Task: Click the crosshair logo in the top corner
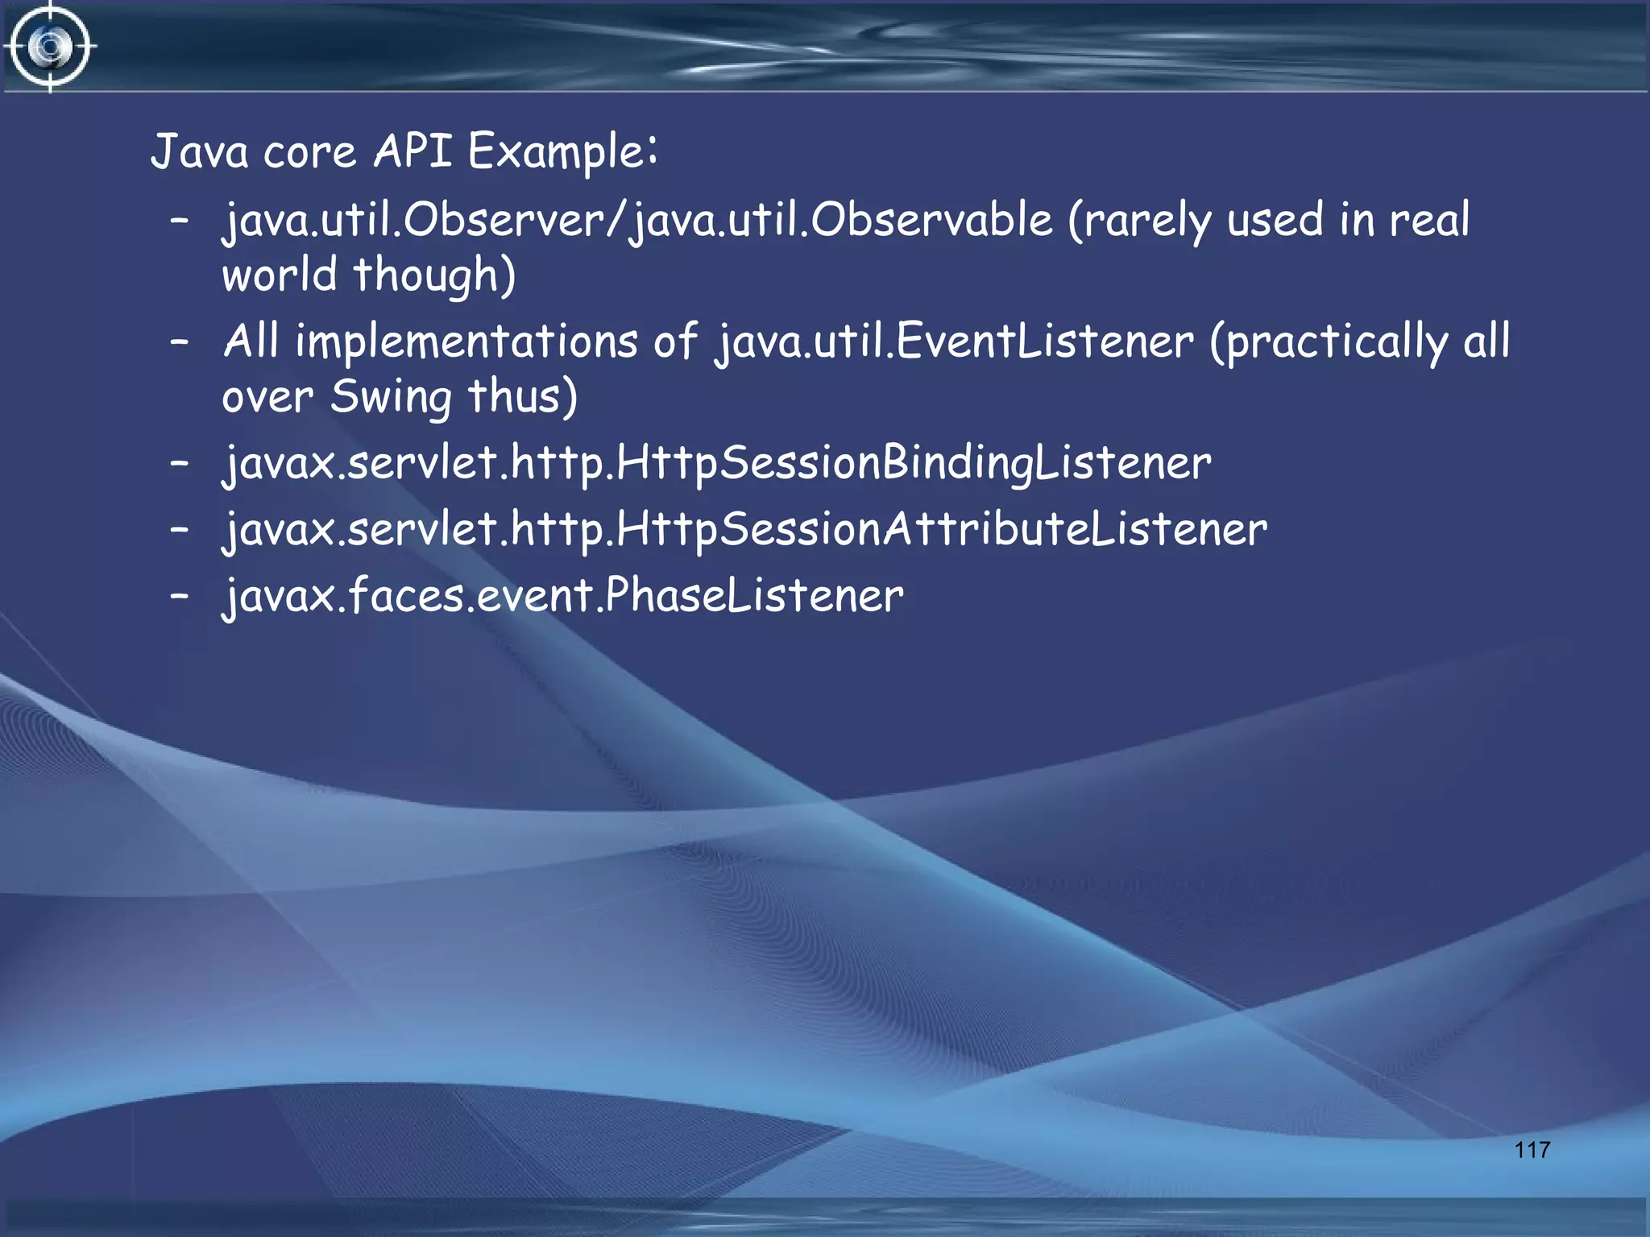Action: click(50, 47)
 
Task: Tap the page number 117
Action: click(1532, 1149)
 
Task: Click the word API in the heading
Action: click(412, 151)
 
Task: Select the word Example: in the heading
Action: click(562, 152)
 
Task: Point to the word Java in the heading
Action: click(199, 151)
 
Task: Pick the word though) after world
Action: click(434, 275)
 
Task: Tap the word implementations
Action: click(466, 342)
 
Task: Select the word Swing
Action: click(392, 398)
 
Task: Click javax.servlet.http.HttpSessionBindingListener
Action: click(716, 464)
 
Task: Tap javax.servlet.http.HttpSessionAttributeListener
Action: click(744, 530)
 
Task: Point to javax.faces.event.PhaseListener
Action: click(563, 596)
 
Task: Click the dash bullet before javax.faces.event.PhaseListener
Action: click(180, 596)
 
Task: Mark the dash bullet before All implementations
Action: click(180, 342)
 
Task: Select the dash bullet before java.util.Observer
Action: click(180, 220)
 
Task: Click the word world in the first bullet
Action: click(279, 275)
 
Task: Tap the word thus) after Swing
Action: click(522, 398)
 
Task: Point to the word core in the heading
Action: click(309, 152)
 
